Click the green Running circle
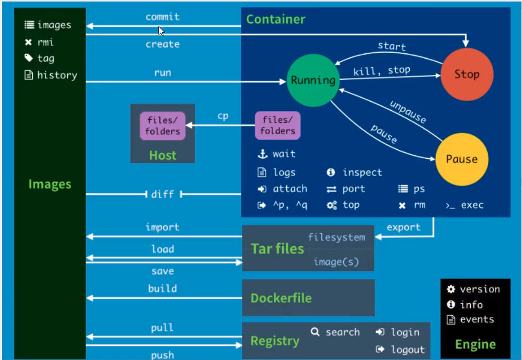(313, 80)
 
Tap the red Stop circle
(467, 74)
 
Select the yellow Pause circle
(462, 159)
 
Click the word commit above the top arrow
(162, 17)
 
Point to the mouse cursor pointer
(161, 31)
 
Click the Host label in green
(162, 155)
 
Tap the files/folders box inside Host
(162, 126)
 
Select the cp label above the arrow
(223, 116)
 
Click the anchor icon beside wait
(263, 154)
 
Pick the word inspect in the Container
(362, 172)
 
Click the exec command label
(472, 205)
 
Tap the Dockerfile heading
(281, 298)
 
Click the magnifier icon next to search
(315, 332)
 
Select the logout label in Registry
(408, 349)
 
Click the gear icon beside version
(451, 289)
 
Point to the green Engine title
(475, 344)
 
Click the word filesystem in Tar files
(336, 237)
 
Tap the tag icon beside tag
(29, 58)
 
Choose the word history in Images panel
(57, 75)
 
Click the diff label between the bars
(162, 194)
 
